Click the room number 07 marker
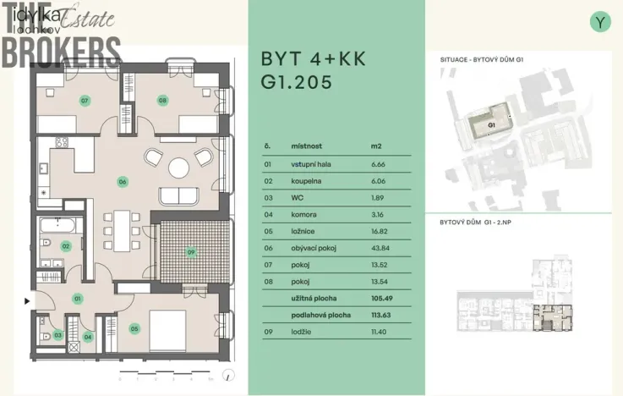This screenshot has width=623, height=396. pos(85,100)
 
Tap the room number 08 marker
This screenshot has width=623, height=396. pos(162,100)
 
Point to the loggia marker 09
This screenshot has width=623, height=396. pos(191,251)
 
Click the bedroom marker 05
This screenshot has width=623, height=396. pos(134,328)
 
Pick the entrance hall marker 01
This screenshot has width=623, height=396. pos(77,299)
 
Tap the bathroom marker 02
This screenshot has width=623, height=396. pos(65,246)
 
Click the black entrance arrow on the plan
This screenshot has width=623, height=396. pos(28,300)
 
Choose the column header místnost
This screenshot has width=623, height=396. pos(306,146)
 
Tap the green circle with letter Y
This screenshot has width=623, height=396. pos(600,22)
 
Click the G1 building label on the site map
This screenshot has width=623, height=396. pos(491,124)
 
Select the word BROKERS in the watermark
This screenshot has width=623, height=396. pos(61,50)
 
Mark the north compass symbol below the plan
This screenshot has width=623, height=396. pos(227,376)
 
